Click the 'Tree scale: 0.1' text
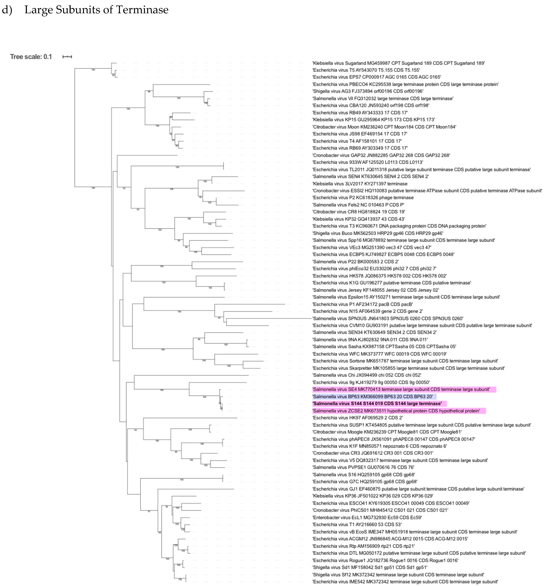pyautogui.click(x=31, y=57)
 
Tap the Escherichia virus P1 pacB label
pyautogui.click(x=362, y=304)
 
